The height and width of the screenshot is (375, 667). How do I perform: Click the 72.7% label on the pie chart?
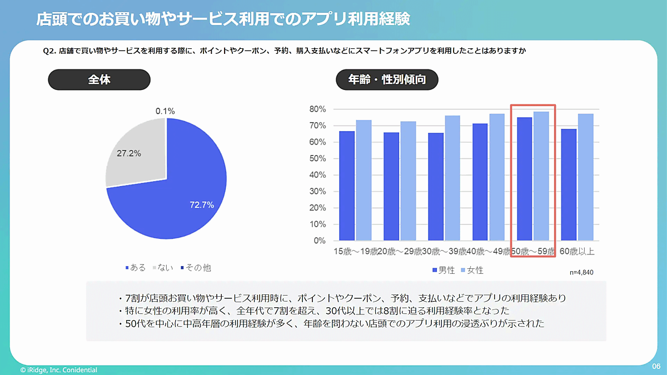point(202,205)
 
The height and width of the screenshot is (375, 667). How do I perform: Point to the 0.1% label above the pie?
point(165,111)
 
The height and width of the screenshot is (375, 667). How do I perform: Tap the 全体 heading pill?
point(99,79)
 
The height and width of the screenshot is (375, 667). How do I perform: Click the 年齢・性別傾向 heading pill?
point(387,79)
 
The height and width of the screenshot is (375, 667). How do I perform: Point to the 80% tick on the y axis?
point(317,109)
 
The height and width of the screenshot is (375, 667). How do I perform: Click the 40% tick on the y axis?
point(317,175)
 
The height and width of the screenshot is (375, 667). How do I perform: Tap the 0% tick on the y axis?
point(319,241)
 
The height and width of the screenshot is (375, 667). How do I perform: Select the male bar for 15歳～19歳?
point(347,186)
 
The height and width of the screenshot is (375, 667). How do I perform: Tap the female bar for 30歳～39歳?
point(452,178)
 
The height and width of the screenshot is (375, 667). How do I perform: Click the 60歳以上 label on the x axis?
point(577,252)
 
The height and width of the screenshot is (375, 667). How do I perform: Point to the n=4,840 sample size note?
point(582,273)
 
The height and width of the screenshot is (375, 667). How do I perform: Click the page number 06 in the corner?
point(656,367)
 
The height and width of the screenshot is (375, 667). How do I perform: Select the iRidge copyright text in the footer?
point(58,370)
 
